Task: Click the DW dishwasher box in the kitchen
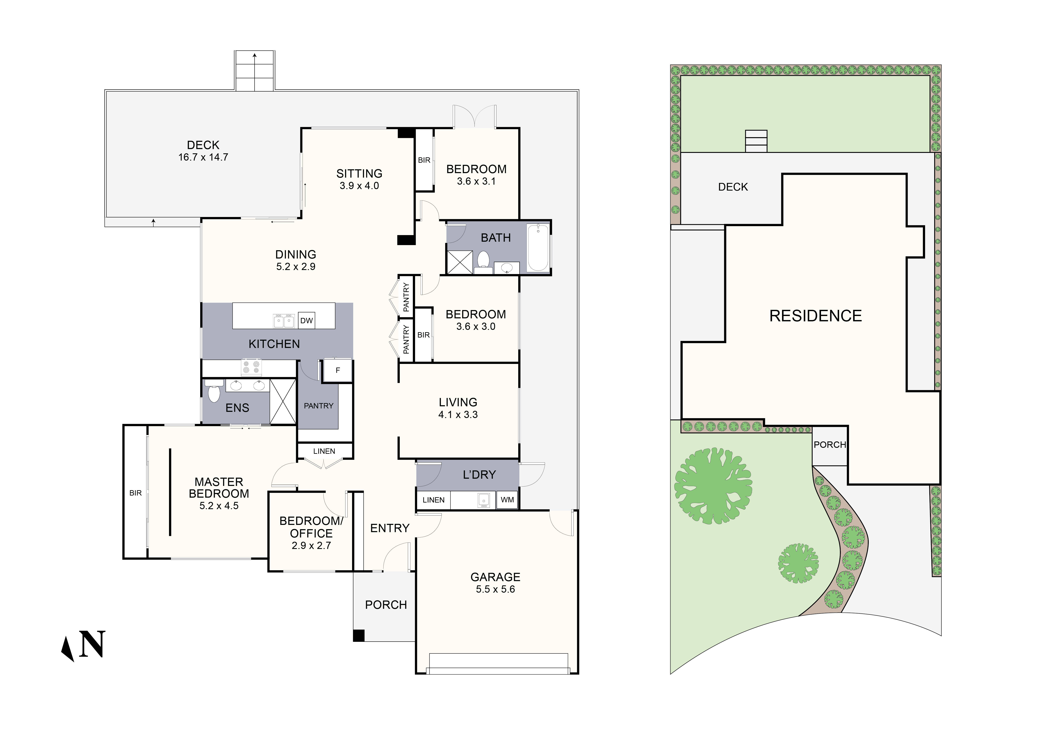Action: tap(306, 321)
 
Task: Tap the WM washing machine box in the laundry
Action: tap(507, 500)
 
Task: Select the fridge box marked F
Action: tap(338, 370)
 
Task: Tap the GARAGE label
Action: tap(495, 577)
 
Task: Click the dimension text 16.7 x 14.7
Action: tap(203, 157)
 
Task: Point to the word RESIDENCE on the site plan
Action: tap(815, 316)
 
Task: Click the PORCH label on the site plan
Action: tap(830, 445)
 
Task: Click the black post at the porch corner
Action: tap(359, 636)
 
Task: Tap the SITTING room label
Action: tap(359, 173)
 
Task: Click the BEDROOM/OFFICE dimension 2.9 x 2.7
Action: tap(311, 546)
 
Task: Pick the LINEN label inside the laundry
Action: tap(433, 500)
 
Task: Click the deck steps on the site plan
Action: tap(756, 141)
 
